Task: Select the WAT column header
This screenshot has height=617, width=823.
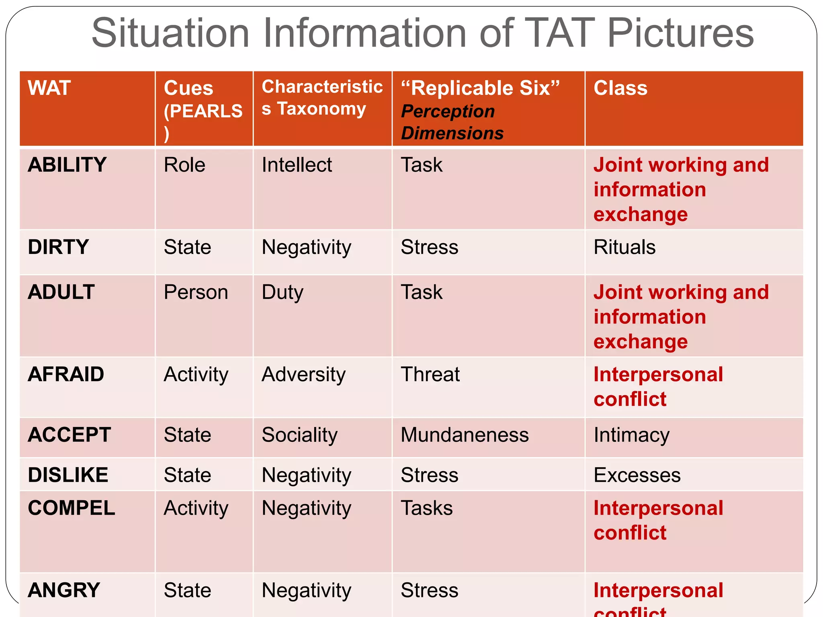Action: (49, 88)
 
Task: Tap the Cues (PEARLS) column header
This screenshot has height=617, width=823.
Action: (203, 109)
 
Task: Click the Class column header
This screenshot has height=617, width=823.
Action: (620, 88)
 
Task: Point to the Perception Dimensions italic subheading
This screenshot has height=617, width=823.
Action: (452, 122)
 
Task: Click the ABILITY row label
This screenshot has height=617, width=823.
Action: (67, 165)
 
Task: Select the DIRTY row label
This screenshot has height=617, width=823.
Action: (58, 247)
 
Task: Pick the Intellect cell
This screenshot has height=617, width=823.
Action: (297, 165)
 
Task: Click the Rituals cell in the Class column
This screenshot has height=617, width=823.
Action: (624, 247)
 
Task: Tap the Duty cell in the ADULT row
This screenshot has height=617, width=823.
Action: (283, 292)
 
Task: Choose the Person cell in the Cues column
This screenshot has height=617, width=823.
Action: (196, 292)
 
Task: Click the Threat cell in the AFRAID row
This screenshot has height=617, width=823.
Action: (430, 374)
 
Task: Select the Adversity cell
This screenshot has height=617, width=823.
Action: (303, 374)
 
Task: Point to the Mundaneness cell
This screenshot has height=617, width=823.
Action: (465, 435)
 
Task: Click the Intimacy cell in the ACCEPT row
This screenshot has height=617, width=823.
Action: (631, 435)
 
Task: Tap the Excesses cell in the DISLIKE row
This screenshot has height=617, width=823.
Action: (637, 475)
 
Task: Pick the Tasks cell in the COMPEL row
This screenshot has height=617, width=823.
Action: (427, 508)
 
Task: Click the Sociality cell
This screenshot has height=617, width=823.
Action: (299, 435)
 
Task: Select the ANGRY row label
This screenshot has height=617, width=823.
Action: (64, 590)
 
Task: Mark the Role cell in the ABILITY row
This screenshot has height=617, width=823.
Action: (184, 165)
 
